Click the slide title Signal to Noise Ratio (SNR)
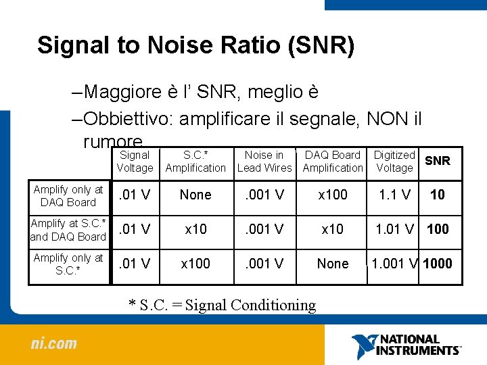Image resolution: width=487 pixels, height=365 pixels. (x=195, y=45)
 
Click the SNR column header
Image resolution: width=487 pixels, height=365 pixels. (x=437, y=160)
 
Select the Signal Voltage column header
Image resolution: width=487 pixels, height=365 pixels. (x=135, y=162)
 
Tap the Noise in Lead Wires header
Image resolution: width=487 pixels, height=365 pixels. (x=264, y=162)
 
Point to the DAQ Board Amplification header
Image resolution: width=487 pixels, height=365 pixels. (x=333, y=162)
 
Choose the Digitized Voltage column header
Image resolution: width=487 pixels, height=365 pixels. (x=394, y=162)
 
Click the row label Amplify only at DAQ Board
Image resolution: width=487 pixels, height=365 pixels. (x=68, y=195)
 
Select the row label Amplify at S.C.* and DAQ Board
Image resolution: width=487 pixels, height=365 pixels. (x=68, y=230)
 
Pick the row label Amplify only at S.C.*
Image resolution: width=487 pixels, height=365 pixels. (x=68, y=264)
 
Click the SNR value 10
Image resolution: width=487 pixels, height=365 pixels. (x=438, y=195)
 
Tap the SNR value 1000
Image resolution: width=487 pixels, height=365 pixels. (x=437, y=264)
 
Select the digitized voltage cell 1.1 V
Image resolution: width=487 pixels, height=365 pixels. (x=394, y=195)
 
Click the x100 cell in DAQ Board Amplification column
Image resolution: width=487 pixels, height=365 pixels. (x=333, y=195)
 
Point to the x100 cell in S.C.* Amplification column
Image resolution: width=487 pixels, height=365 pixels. (x=195, y=264)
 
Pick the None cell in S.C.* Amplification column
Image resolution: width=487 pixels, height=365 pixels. (x=195, y=195)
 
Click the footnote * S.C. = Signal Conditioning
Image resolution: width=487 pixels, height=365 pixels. (x=222, y=305)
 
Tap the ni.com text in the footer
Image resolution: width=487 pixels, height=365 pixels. (x=54, y=343)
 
